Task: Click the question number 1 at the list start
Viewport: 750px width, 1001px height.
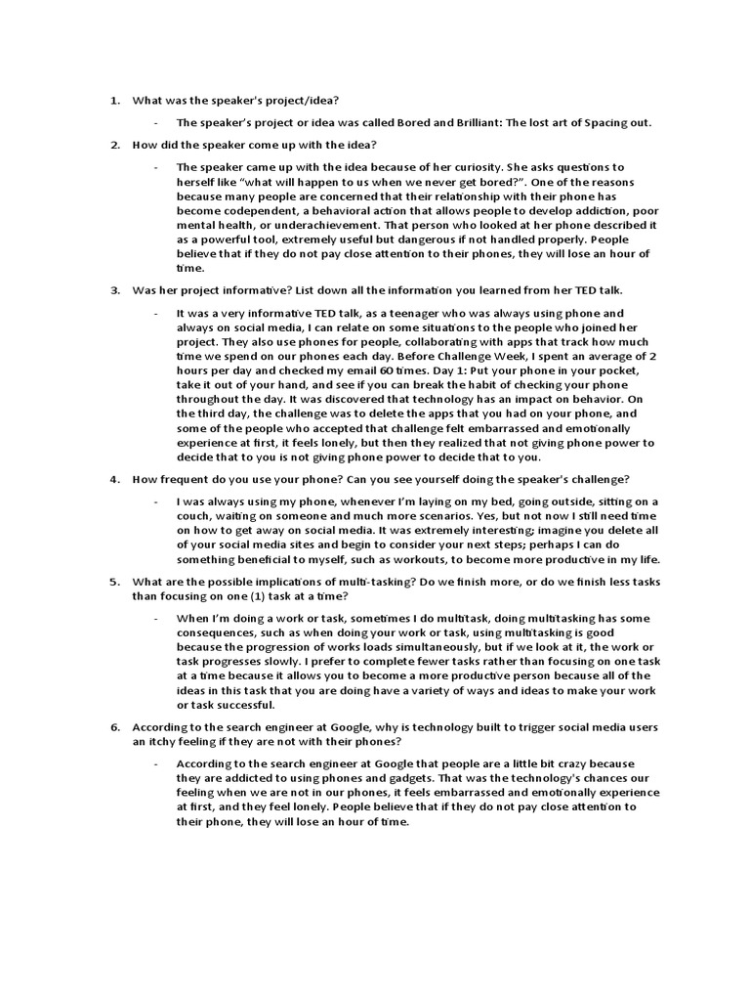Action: [x=112, y=100]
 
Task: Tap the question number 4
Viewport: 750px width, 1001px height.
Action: [x=112, y=479]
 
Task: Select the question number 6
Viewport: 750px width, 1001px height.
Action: [x=112, y=727]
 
